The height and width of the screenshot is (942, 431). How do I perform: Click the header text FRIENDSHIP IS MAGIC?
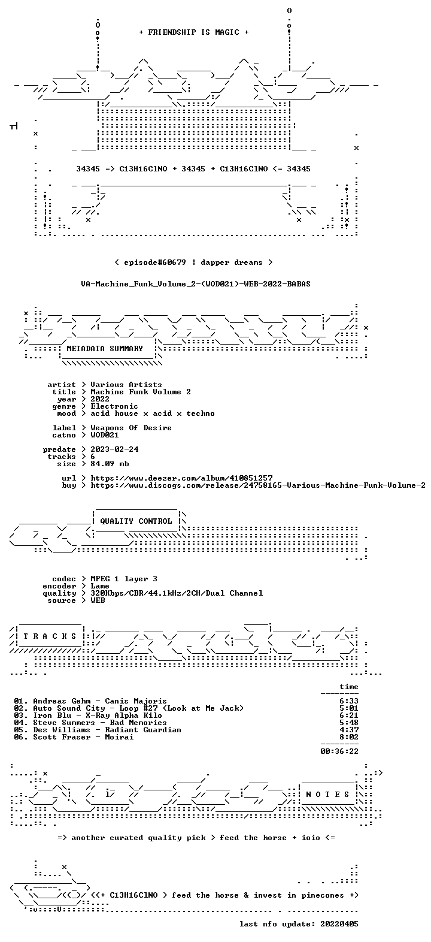click(x=194, y=32)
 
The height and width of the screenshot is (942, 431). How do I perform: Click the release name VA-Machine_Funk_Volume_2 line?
click(x=196, y=284)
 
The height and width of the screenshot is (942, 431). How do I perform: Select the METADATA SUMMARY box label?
click(x=105, y=349)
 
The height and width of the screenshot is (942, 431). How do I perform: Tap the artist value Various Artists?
click(x=126, y=385)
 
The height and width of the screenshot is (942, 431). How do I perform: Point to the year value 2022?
click(x=100, y=399)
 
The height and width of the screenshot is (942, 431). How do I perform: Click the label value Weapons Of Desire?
click(x=131, y=428)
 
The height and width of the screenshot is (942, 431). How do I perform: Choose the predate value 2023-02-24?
click(x=114, y=449)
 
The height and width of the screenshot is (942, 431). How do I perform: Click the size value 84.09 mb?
click(x=110, y=464)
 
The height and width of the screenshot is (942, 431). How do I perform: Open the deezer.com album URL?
click(x=181, y=478)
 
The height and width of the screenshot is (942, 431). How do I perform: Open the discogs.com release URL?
click(x=258, y=485)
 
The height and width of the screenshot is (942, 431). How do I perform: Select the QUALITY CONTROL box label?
click(x=136, y=521)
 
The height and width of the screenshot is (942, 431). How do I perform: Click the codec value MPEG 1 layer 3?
click(x=124, y=579)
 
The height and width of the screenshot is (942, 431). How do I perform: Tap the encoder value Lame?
click(x=100, y=586)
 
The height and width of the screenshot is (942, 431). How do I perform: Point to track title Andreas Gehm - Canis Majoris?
click(x=100, y=701)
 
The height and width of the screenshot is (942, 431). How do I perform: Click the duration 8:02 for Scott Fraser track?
click(x=349, y=737)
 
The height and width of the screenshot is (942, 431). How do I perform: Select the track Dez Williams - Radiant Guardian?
click(x=107, y=730)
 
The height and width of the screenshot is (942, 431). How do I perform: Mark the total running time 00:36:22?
click(x=339, y=751)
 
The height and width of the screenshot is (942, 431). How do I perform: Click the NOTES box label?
click(x=327, y=795)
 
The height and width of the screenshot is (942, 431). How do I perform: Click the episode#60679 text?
click(x=155, y=262)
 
